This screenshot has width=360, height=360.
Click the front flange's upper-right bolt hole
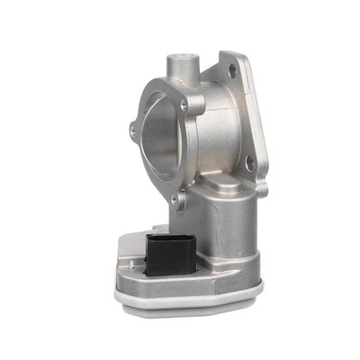click(x=186, y=105)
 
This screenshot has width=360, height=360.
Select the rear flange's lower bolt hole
click(x=250, y=163)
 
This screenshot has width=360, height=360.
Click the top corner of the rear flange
click(x=236, y=54)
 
